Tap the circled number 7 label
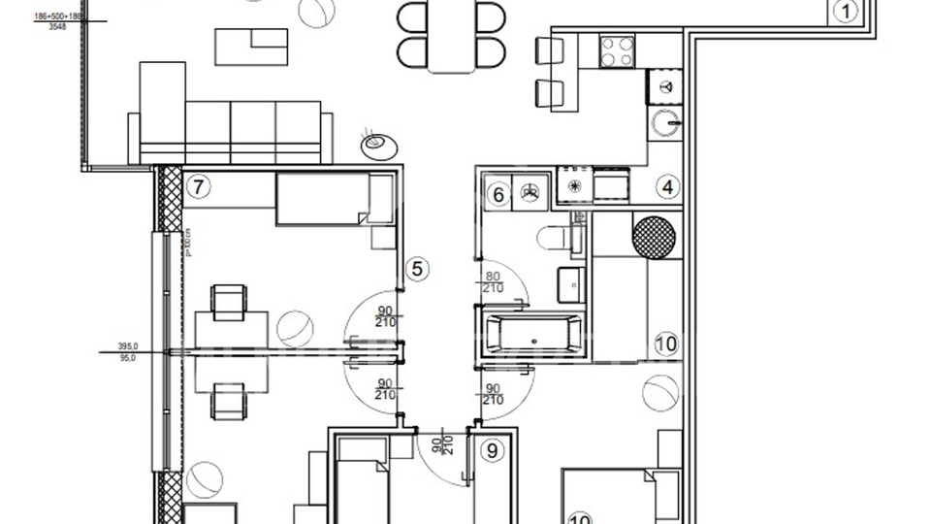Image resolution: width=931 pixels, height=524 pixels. tap(198, 187)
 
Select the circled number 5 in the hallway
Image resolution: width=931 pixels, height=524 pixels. tap(416, 269)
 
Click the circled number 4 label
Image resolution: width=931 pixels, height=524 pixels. tap(667, 187)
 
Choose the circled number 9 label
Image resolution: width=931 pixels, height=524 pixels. tap(493, 450)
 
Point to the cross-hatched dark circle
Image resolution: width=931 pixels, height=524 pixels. tap(653, 236)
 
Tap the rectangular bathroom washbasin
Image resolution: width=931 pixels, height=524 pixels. tap(570, 282)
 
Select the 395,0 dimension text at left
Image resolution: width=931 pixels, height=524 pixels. tap(128, 345)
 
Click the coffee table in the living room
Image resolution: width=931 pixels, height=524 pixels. tap(251, 45)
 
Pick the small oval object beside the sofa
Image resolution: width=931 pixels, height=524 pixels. tap(377, 145)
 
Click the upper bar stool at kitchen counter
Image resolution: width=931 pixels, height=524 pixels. tap(549, 49)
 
